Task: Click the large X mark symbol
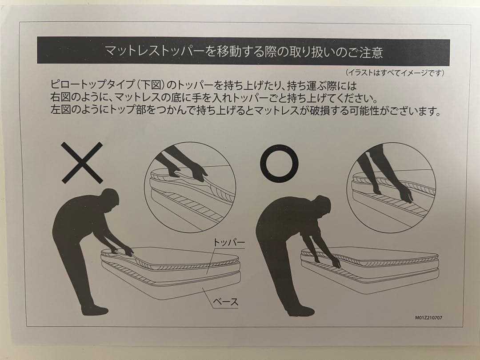(x=82, y=163)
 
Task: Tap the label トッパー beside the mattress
(x=229, y=243)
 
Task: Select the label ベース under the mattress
(x=225, y=302)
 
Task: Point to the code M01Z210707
(x=428, y=318)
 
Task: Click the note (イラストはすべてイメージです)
(x=395, y=73)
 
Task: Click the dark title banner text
(x=244, y=52)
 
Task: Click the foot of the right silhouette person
(x=301, y=311)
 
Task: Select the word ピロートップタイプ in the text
(x=92, y=84)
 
